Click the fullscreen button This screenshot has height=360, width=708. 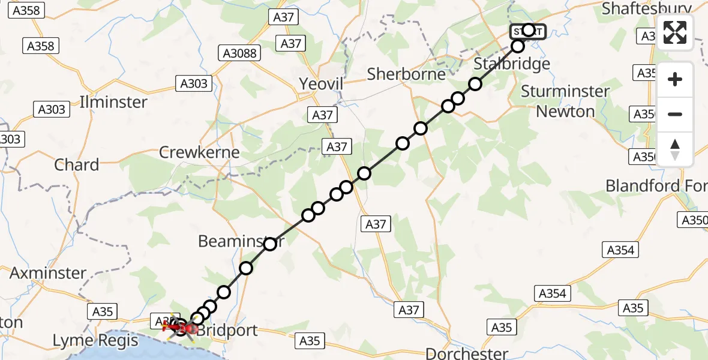point(675,32)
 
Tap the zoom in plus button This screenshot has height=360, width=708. point(675,79)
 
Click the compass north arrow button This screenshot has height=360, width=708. point(675,149)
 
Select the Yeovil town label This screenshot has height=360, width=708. point(321,84)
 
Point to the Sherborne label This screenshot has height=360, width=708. point(406,74)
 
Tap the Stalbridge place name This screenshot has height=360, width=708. point(511,64)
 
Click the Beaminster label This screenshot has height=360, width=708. point(240,241)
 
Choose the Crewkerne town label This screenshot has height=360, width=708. point(199,152)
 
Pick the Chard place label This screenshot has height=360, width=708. point(76,165)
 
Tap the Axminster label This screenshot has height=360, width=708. point(48,273)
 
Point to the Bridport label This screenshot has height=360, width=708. point(228,330)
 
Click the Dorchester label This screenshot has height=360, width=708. point(466,353)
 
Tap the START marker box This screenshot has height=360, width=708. point(527,31)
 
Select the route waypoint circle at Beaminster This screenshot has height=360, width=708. point(270,244)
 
